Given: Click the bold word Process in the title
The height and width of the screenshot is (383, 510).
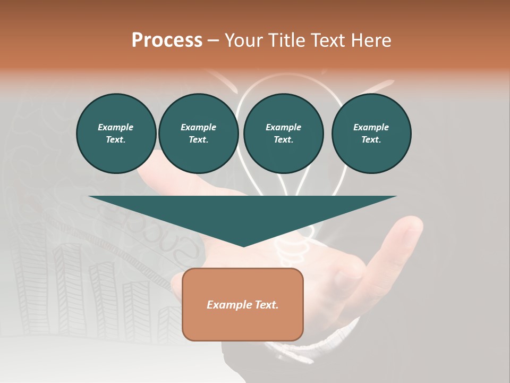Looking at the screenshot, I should [x=167, y=40].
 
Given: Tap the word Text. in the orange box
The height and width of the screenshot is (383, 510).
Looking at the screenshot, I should [x=266, y=305].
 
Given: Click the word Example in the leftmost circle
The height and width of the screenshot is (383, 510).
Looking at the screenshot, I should [x=116, y=127].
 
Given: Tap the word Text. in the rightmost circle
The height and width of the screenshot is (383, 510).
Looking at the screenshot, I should [x=371, y=139].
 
